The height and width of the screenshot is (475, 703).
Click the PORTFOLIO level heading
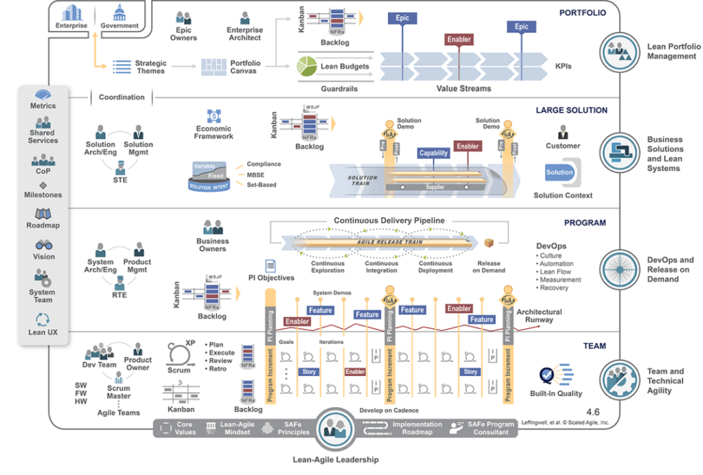coord(583,12)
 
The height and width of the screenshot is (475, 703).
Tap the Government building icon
coord(119,12)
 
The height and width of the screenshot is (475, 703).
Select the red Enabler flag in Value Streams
coord(459,40)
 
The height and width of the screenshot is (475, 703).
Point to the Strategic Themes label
coord(150,67)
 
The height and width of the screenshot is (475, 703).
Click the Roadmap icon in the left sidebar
coord(43,213)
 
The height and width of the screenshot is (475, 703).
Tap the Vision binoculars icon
coord(43,245)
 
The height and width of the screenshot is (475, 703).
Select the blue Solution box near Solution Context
coord(560,172)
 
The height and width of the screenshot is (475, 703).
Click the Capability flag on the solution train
coord(434,154)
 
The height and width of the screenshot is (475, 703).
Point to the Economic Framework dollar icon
coord(212,116)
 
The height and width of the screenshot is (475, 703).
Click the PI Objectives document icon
coord(270,266)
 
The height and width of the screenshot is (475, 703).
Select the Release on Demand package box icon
coord(489,244)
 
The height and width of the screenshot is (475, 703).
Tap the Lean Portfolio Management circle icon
coord(619,51)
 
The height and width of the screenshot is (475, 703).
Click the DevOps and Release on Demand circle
coord(619,268)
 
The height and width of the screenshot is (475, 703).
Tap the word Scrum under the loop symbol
coord(178,370)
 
